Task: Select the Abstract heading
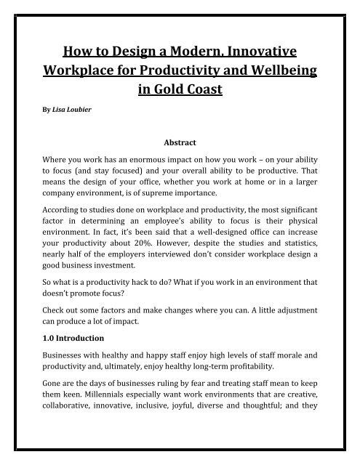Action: (x=180, y=144)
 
